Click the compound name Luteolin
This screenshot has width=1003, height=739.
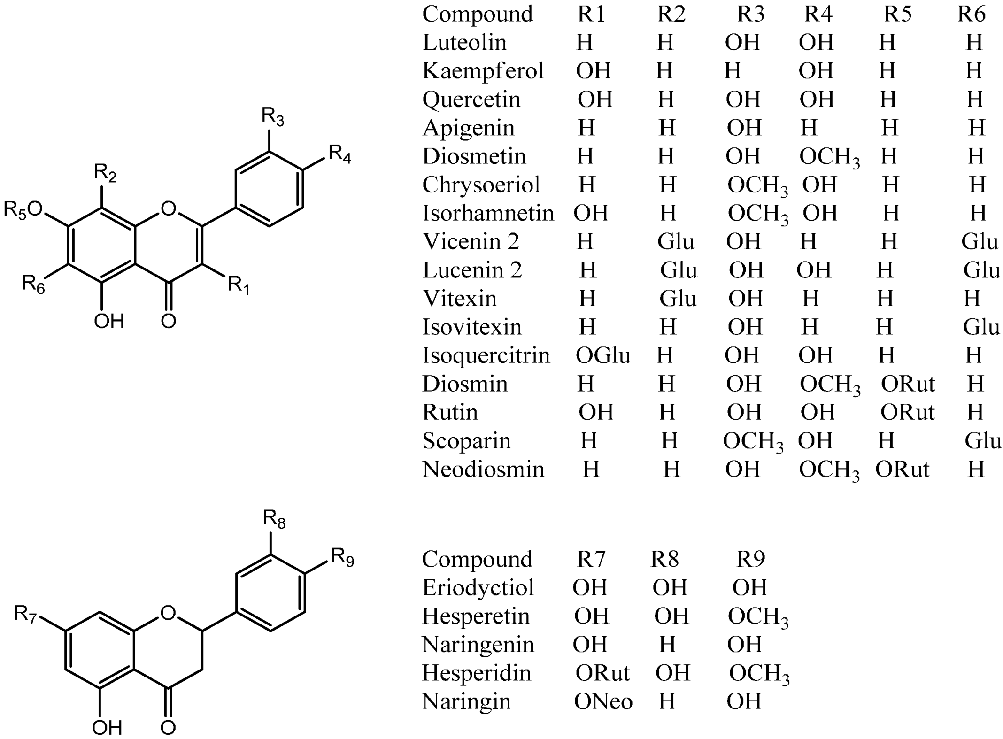point(464,43)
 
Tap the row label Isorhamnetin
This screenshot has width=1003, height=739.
point(488,214)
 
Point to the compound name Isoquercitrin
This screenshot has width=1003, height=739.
point(486,356)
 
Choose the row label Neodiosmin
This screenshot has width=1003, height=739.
point(483,470)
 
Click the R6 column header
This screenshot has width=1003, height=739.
point(972,15)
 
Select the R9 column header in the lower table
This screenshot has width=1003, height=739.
point(750,559)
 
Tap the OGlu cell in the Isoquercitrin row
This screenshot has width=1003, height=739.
point(603,355)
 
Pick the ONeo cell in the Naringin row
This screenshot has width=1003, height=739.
point(603,702)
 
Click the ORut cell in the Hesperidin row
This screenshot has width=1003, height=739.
point(602,673)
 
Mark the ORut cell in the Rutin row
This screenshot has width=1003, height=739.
point(908,413)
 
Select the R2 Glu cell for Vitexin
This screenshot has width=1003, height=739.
point(678,299)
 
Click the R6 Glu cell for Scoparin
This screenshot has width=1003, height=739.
point(983,441)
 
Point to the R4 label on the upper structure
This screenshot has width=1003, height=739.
point(339,154)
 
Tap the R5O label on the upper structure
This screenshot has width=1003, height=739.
point(23,210)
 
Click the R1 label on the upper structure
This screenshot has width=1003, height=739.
point(239,285)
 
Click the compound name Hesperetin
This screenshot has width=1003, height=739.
point(476,616)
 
